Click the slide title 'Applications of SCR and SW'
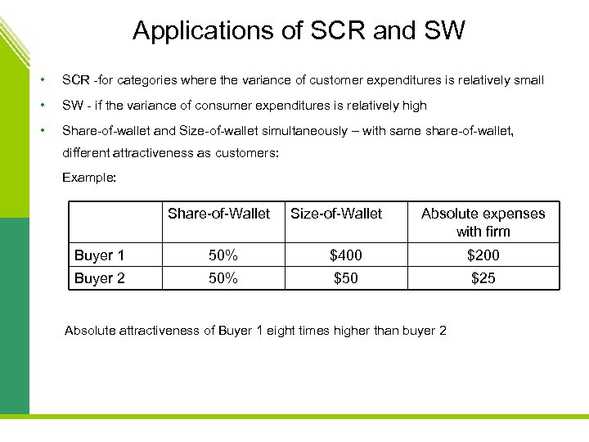coord(299,31)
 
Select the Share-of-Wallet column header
coord(218,214)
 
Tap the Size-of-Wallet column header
coord(336,214)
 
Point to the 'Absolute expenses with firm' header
coord(483,223)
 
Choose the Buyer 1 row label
coord(99,255)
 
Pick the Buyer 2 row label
coord(99,278)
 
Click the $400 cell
coord(345,255)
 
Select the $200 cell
coord(483,255)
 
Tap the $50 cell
coord(345,278)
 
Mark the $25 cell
coord(483,278)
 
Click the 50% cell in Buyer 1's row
coord(223,255)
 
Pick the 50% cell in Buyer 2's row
coord(223,278)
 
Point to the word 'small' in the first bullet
coord(527,81)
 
